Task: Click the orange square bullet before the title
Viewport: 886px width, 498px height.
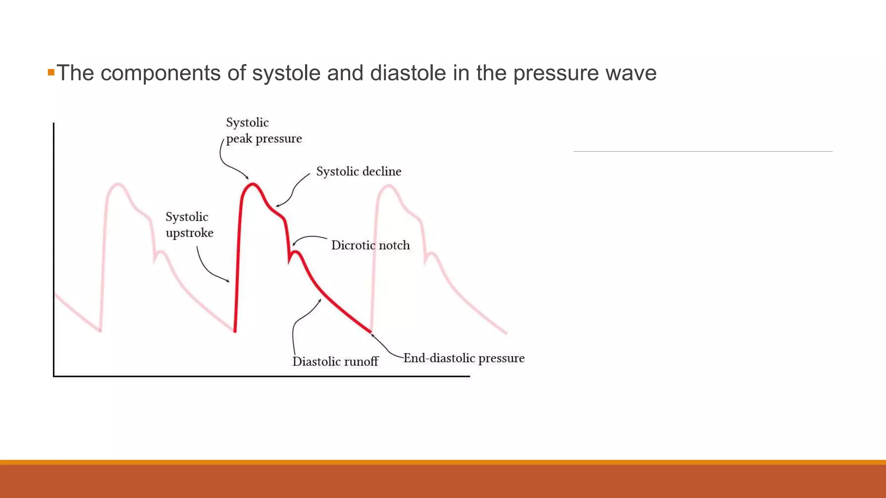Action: point(51,72)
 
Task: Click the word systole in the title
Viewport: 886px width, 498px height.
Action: point(286,73)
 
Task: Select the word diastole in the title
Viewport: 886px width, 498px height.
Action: point(408,73)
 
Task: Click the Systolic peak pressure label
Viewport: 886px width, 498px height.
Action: point(263,131)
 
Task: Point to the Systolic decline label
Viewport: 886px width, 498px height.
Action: point(359,172)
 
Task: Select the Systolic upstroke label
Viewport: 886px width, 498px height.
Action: point(189,225)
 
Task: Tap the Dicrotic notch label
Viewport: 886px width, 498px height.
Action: point(370,246)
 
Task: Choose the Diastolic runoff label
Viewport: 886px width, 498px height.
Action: point(335,361)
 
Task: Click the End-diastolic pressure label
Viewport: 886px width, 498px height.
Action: point(464,358)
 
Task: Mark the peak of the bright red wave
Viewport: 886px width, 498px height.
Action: point(252,184)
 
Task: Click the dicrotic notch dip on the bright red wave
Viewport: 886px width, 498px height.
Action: point(289,261)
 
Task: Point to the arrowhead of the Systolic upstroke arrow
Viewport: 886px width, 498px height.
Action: point(228,281)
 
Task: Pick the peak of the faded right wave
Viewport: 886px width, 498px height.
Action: point(388,186)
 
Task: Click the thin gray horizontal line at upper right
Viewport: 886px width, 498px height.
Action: point(703,151)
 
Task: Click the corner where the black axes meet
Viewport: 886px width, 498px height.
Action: point(54,376)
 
